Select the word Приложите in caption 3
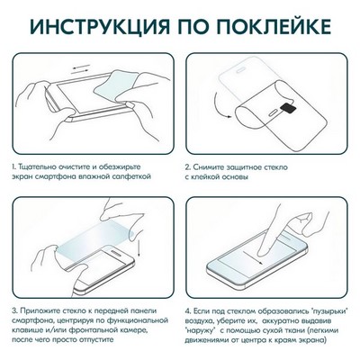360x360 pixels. click(x=46, y=310)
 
